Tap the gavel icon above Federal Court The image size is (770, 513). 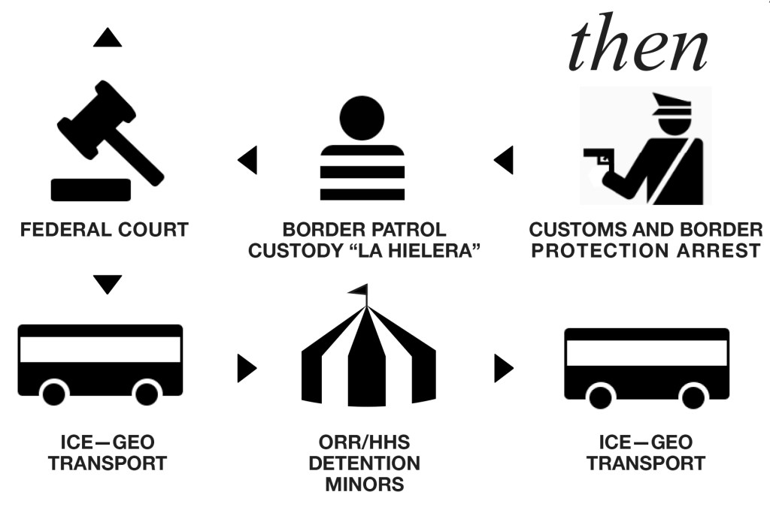(x=105, y=143)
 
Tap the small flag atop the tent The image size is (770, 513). (x=359, y=289)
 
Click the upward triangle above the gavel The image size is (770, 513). (x=108, y=38)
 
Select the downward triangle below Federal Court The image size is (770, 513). (x=108, y=284)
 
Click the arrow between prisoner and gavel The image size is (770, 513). (x=247, y=160)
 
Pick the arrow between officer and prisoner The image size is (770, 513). (x=503, y=160)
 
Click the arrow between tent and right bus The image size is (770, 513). (x=503, y=367)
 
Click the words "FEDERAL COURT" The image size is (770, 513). (x=105, y=230)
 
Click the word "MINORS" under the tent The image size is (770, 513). (x=365, y=484)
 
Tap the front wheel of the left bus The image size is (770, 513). (x=54, y=392)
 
